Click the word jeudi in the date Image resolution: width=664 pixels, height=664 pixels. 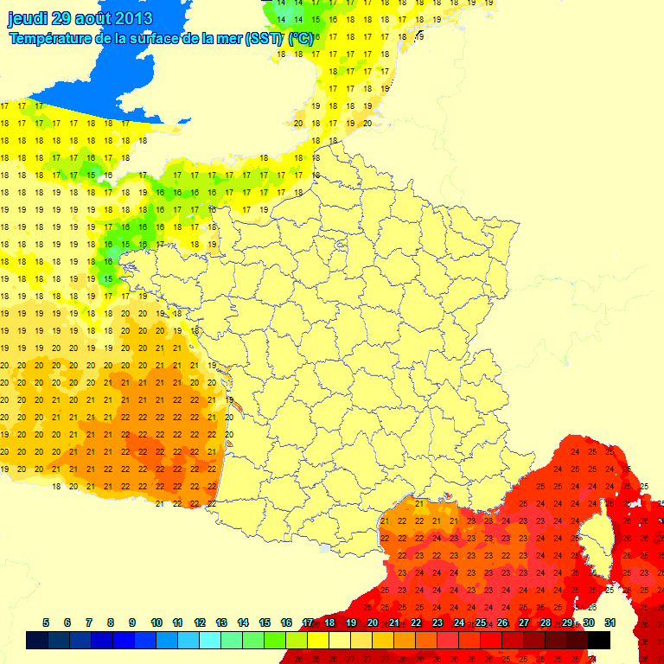(x=28, y=18)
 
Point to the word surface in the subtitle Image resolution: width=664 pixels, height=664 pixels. (x=165, y=39)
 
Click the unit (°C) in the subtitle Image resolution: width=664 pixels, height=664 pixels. (x=301, y=39)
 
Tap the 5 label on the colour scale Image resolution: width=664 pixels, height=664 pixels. (x=45, y=622)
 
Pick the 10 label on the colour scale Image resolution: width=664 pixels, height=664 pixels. (x=156, y=622)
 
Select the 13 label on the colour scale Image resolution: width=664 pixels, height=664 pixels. (x=221, y=622)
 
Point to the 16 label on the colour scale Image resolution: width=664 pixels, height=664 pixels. (x=286, y=622)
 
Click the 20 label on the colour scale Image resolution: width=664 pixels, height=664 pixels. (x=373, y=622)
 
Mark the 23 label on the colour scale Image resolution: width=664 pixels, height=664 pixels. (x=437, y=622)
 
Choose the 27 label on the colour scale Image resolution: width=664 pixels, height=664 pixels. (x=524, y=622)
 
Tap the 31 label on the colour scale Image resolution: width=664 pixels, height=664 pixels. (x=610, y=622)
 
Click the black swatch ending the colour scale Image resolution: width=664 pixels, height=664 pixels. (x=599, y=640)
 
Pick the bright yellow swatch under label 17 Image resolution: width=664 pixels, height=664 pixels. (x=318, y=640)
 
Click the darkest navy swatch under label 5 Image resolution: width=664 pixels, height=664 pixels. (x=36, y=640)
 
